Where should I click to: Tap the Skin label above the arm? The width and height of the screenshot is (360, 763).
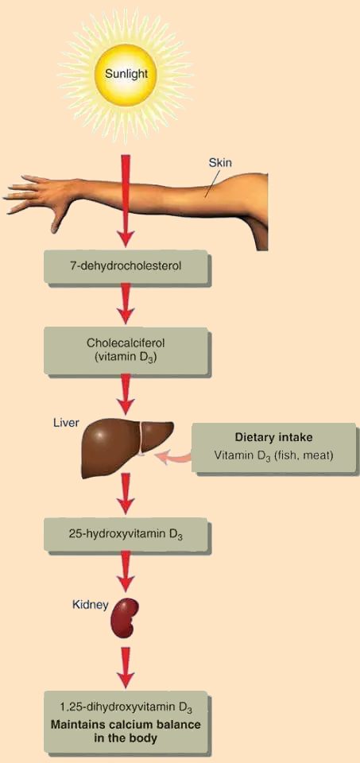tap(220, 162)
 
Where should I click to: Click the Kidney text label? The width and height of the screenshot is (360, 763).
tap(89, 605)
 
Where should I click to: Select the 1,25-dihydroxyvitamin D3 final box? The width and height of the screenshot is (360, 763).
tap(127, 722)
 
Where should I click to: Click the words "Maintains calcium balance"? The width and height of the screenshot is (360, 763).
tap(126, 725)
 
